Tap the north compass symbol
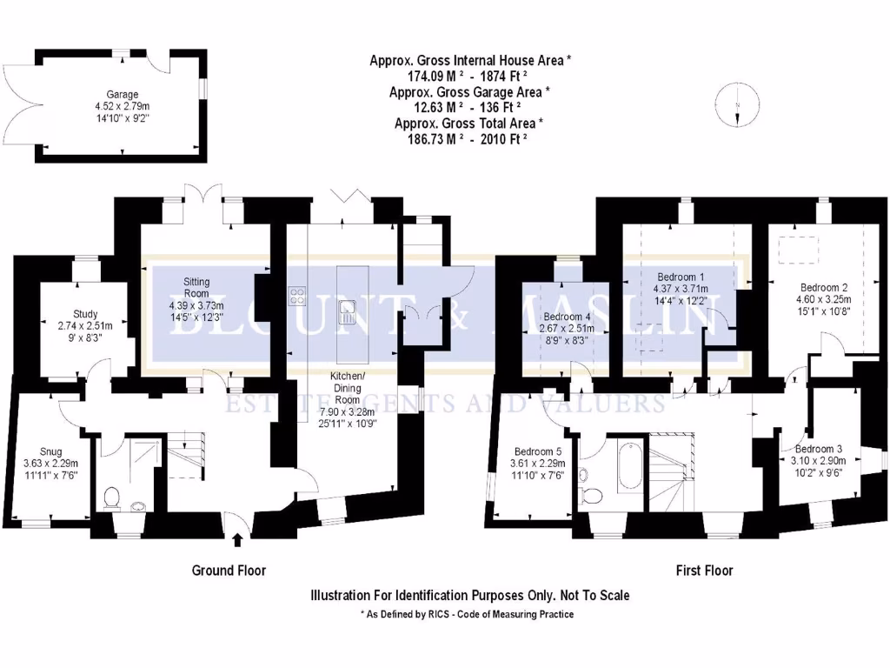(x=736, y=104)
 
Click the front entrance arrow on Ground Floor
(x=238, y=540)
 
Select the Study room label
(x=85, y=314)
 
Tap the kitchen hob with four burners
(x=297, y=296)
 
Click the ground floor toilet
(x=111, y=498)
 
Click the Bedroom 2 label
(x=823, y=288)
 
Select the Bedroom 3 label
(x=817, y=449)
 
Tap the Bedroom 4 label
(x=566, y=317)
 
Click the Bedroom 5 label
(x=539, y=452)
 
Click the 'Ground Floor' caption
(x=228, y=571)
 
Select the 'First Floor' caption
(x=704, y=571)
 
